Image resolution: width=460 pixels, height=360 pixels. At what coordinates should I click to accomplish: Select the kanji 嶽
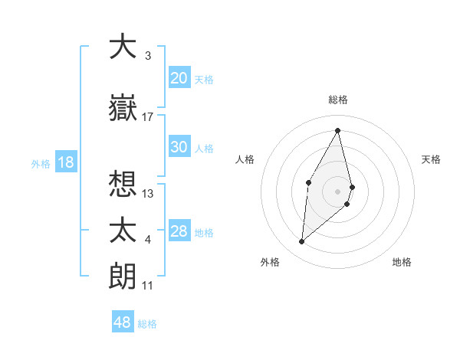123,109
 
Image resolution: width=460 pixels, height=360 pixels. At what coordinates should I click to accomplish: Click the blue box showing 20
179,77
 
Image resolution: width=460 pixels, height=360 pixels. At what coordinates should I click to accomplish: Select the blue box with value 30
179,147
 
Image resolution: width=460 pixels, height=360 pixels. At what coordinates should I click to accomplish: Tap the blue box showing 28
179,231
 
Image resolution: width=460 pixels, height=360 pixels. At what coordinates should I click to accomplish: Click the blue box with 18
65,162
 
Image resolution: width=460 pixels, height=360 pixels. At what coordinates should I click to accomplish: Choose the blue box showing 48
123,322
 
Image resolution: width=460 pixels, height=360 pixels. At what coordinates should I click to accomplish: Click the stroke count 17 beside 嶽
148,117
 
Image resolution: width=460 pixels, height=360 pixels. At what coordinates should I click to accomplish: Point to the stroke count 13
148,193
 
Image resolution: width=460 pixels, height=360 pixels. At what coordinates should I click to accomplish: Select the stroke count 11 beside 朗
148,285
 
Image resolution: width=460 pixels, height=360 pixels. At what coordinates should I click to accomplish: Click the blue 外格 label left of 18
40,163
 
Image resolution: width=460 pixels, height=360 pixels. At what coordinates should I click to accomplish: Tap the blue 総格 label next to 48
147,323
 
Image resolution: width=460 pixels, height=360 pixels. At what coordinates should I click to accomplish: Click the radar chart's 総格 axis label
338,100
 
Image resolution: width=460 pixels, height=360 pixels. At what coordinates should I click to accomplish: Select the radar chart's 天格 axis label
432,159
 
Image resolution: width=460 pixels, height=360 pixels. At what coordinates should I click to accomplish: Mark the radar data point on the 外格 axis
302,242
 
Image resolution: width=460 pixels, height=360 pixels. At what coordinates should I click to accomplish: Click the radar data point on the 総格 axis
338,130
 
